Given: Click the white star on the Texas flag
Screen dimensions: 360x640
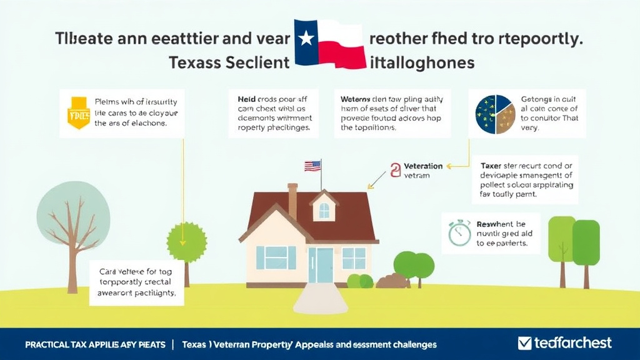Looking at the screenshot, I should tap(306, 39).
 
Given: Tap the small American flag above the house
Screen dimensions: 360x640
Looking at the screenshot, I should tap(312, 166).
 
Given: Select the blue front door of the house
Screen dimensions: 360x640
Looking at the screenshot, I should tap(325, 265).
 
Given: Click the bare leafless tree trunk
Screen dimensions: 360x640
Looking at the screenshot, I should tap(72, 262).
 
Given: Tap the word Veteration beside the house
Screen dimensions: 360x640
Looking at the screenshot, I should tap(423, 166).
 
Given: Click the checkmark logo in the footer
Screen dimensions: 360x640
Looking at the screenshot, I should tap(524, 343).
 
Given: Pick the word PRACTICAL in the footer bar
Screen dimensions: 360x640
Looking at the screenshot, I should tap(50, 344).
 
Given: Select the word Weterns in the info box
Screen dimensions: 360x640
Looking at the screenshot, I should tap(356, 99).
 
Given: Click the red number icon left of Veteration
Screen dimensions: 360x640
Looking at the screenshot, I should tap(395, 170).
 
